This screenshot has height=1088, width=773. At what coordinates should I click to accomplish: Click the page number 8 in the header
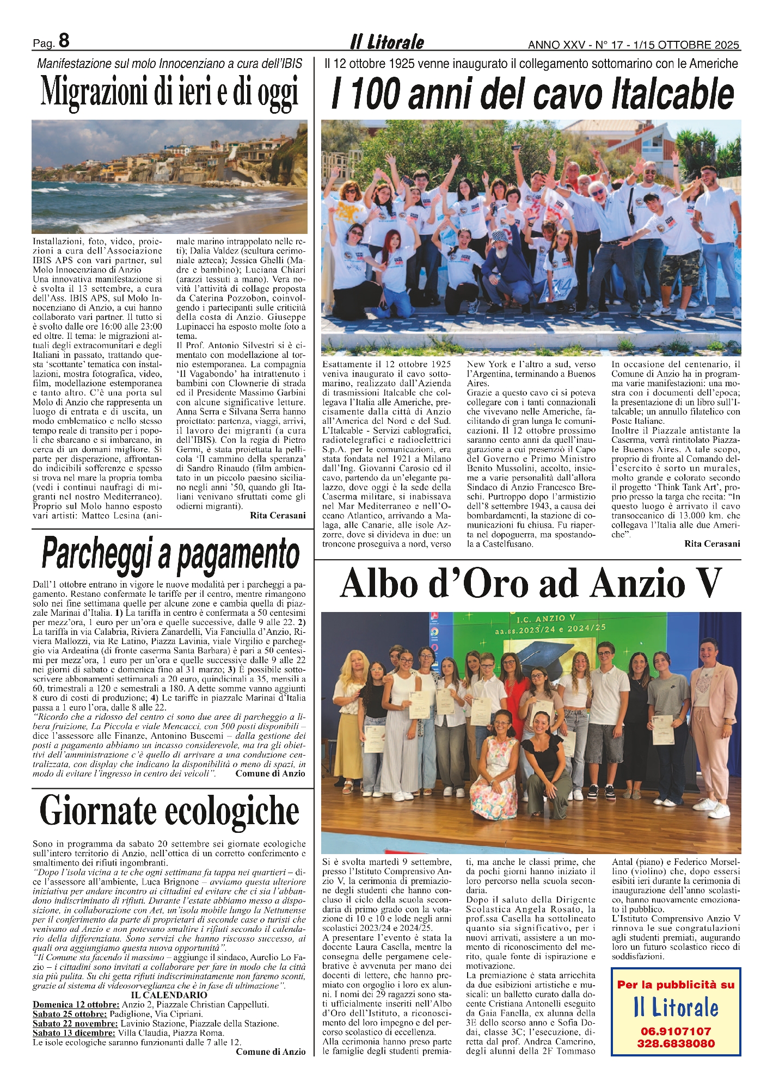pyautogui.click(x=64, y=40)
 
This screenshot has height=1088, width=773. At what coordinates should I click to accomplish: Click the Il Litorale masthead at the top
pyautogui.click(x=387, y=42)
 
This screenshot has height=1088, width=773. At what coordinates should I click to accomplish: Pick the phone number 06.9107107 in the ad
pyautogui.click(x=675, y=1031)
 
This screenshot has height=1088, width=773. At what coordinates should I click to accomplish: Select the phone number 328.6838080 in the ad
pyautogui.click(x=675, y=1044)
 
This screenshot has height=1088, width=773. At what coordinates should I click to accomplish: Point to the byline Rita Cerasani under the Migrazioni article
pyautogui.click(x=278, y=515)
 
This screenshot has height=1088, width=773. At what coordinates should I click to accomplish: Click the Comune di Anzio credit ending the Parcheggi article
pyautogui.click(x=270, y=774)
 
